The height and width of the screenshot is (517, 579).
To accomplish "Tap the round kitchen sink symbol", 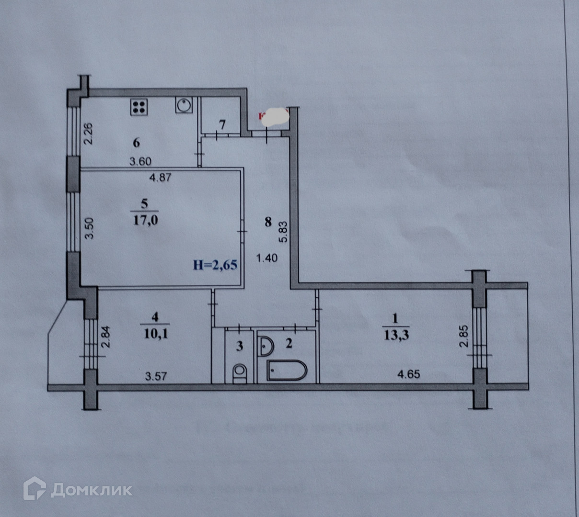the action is click(x=184, y=105).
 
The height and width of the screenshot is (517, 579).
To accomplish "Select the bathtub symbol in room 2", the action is click(x=287, y=371).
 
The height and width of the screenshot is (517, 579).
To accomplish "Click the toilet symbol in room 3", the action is click(x=240, y=373).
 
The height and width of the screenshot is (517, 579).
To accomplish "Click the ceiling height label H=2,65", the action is click(x=215, y=264).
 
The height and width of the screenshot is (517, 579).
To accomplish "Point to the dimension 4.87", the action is click(x=160, y=177).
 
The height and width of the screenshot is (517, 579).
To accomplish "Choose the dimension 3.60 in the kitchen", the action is click(x=140, y=162).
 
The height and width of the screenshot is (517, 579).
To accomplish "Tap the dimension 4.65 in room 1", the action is click(x=409, y=374).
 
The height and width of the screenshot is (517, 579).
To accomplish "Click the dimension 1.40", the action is click(x=267, y=258).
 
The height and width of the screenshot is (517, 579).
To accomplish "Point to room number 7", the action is click(x=222, y=124).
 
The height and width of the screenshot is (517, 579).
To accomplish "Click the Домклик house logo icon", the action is click(x=35, y=488).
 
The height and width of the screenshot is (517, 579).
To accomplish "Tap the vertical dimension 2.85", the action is click(x=463, y=337).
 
